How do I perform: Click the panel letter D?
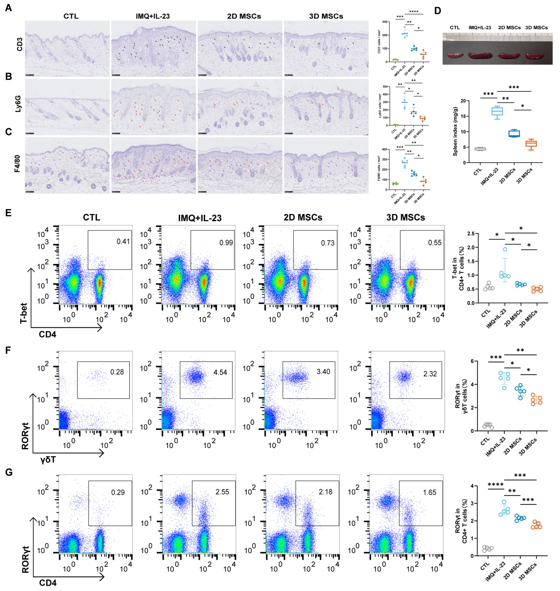[x=437, y=11]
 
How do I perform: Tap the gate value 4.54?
[x=220, y=373]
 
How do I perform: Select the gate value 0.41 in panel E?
[x=123, y=241]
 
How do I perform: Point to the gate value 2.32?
[x=430, y=374]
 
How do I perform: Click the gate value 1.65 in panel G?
[x=429, y=493]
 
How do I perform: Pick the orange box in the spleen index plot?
[x=531, y=144]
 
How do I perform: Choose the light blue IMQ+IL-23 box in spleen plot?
[x=498, y=111]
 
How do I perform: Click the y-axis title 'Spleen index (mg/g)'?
[x=455, y=131]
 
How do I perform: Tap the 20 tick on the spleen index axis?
[x=462, y=101]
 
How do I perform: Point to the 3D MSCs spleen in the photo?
[x=536, y=56]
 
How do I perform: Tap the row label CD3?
[x=19, y=44]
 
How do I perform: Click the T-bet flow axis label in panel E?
[x=24, y=313]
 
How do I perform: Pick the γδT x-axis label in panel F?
[x=48, y=460]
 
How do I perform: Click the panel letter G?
[x=8, y=472]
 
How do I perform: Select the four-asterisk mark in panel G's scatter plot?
[x=495, y=485]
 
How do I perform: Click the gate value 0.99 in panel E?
[x=226, y=243]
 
